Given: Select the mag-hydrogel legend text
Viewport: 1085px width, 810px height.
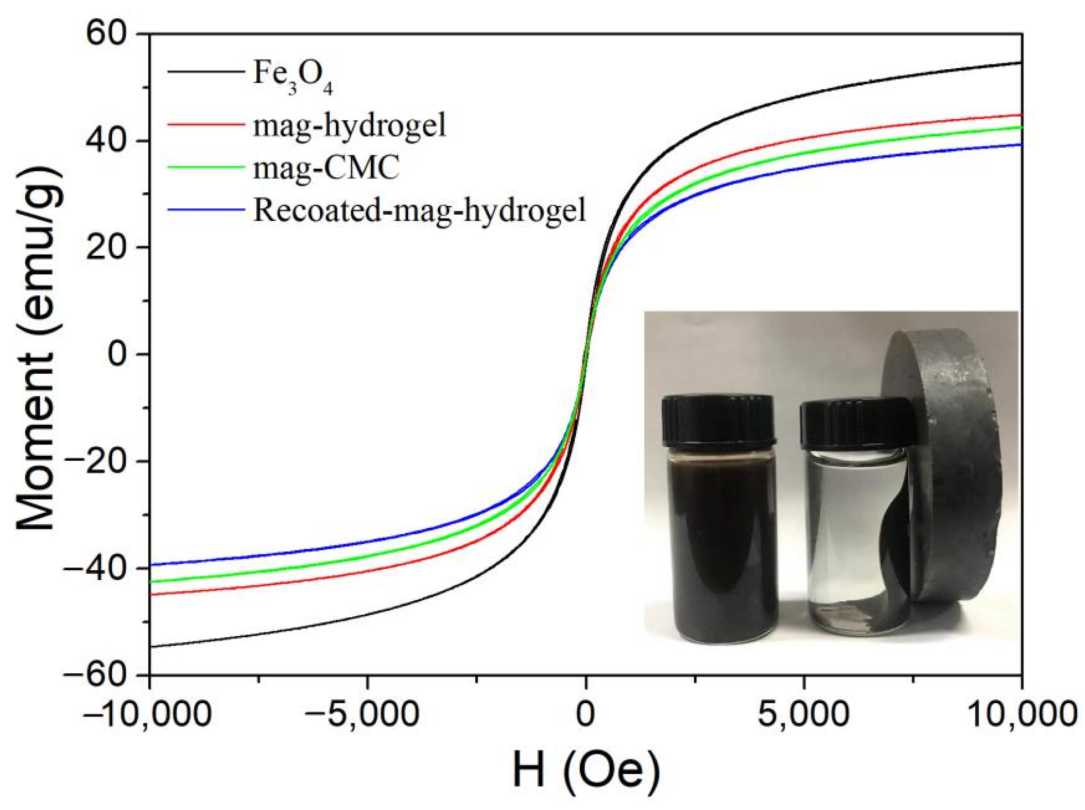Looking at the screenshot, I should pyautogui.click(x=349, y=126).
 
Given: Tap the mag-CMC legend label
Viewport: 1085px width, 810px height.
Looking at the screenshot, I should pyautogui.click(x=326, y=168).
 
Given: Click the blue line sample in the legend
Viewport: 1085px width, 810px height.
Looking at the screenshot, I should pyautogui.click(x=206, y=210).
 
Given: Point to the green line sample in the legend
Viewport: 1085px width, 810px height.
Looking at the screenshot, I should pyautogui.click(x=206, y=167).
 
